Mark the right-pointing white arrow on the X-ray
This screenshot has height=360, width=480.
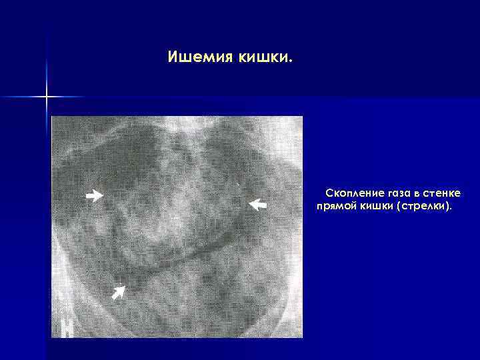pyautogui.click(x=95, y=195)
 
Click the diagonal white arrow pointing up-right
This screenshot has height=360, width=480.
pyautogui.click(x=119, y=291)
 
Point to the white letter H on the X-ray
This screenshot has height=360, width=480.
pyautogui.click(x=67, y=328)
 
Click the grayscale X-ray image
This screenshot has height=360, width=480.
pyautogui.click(x=177, y=227)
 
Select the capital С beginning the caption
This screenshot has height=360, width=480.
pyautogui.click(x=329, y=193)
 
